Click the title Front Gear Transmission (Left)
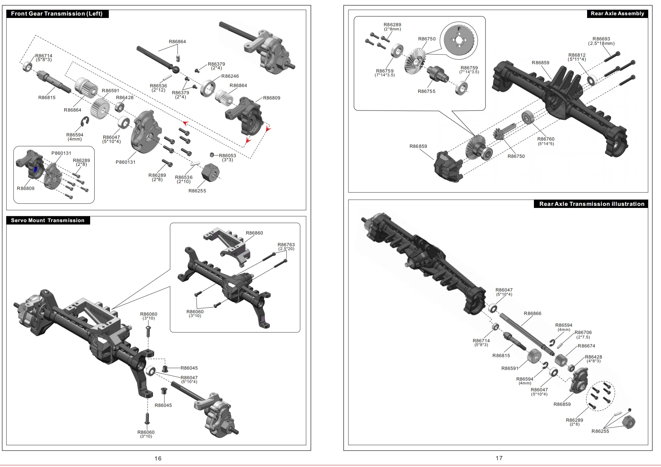[x=57, y=14]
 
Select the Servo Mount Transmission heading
[x=48, y=220]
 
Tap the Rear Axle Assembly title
[x=617, y=13]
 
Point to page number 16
[x=158, y=458]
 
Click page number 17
[x=499, y=458]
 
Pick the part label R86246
[x=230, y=76]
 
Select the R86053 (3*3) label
[x=227, y=158]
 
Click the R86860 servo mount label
[x=254, y=233]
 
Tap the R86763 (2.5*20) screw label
[x=286, y=247]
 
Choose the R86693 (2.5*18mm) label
[x=601, y=41]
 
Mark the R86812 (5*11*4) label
[x=577, y=57]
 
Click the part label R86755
[x=427, y=92]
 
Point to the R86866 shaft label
[x=533, y=314]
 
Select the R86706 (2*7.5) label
[x=583, y=335]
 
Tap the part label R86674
[x=586, y=346]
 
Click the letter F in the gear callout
[x=459, y=29]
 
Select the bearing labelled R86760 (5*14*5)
[x=528, y=117]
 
